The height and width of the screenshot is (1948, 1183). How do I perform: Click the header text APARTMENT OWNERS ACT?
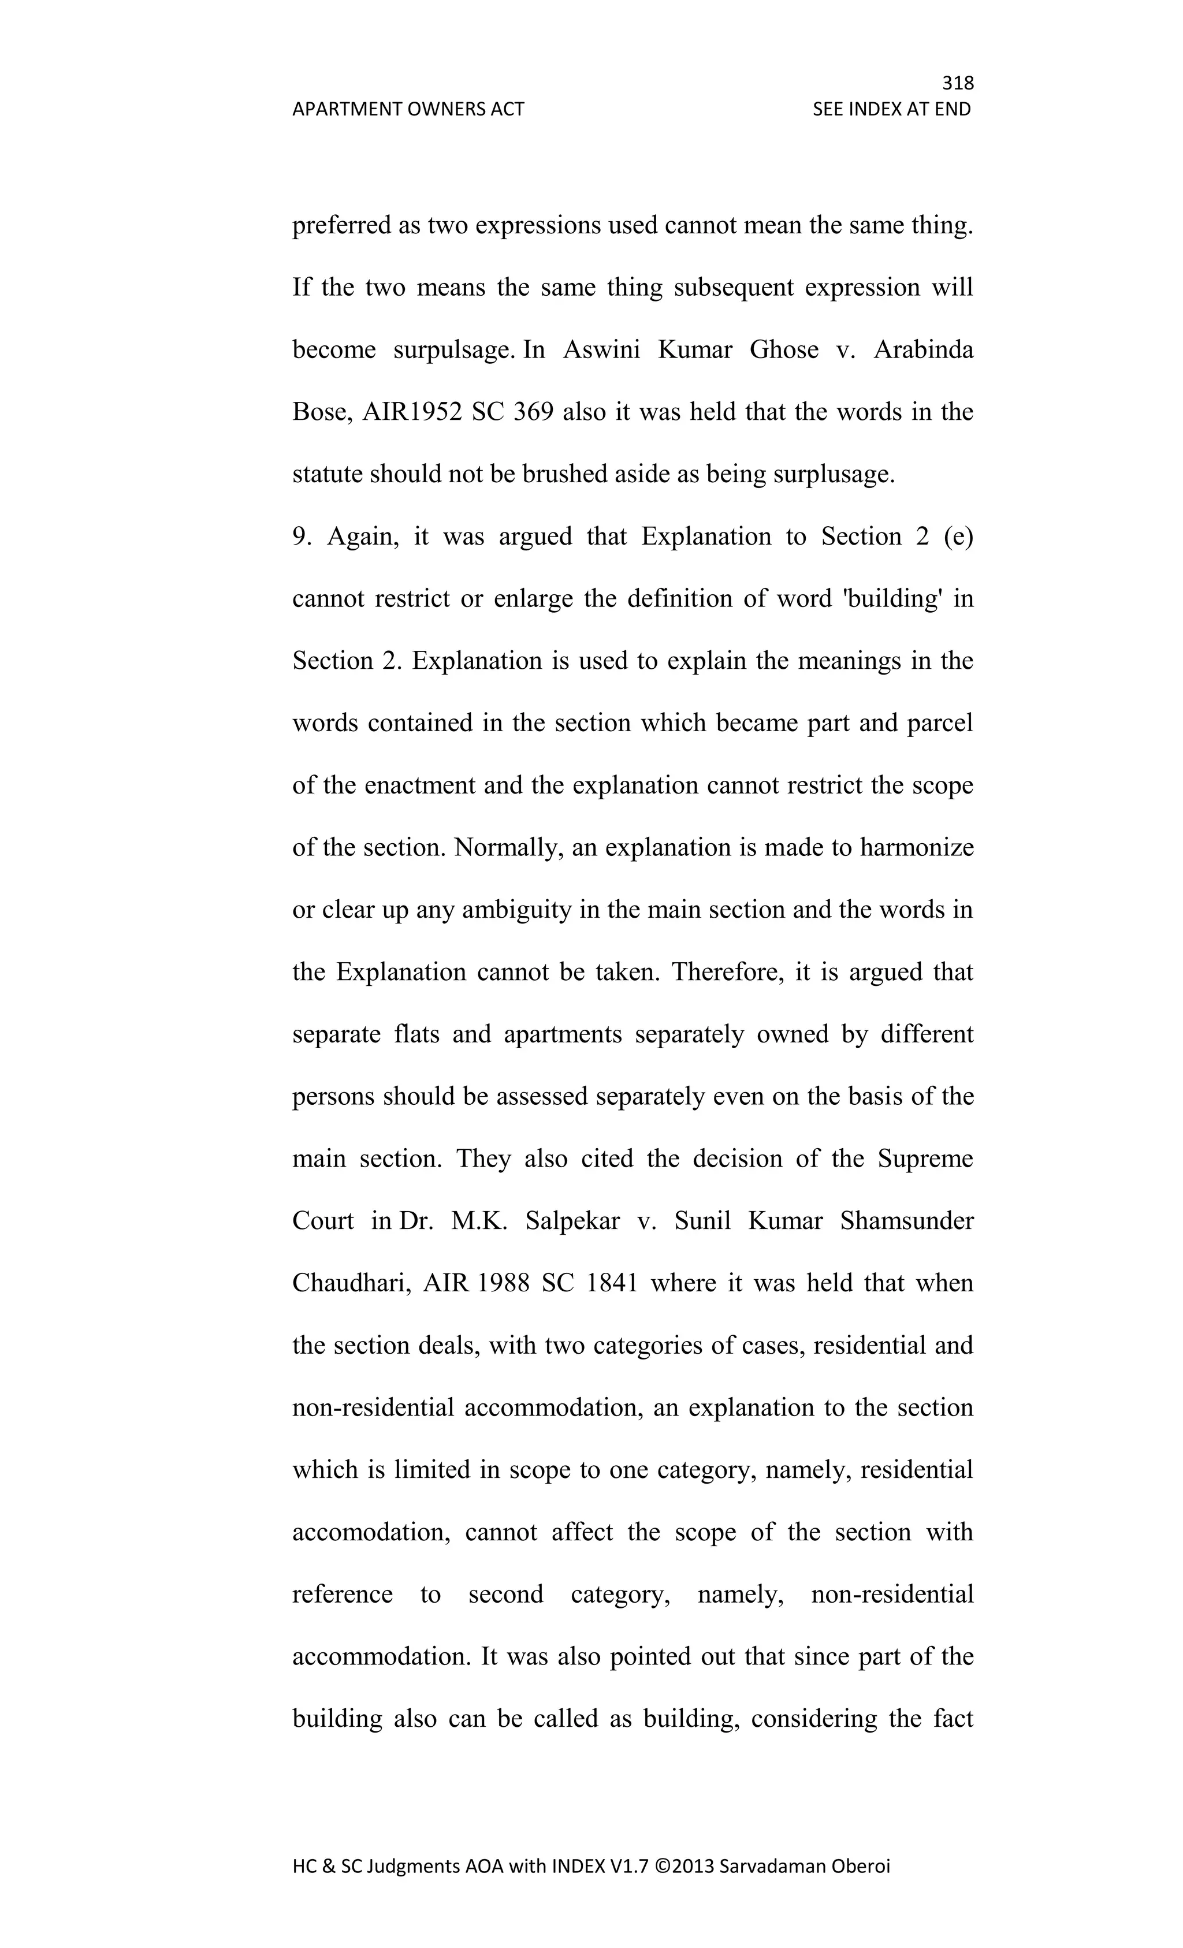click(408, 109)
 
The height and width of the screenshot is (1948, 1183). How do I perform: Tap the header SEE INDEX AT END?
click(891, 109)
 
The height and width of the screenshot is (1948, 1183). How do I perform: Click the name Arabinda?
click(923, 349)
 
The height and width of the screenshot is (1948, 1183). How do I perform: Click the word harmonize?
click(917, 847)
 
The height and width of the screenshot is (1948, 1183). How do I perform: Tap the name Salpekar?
click(572, 1221)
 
